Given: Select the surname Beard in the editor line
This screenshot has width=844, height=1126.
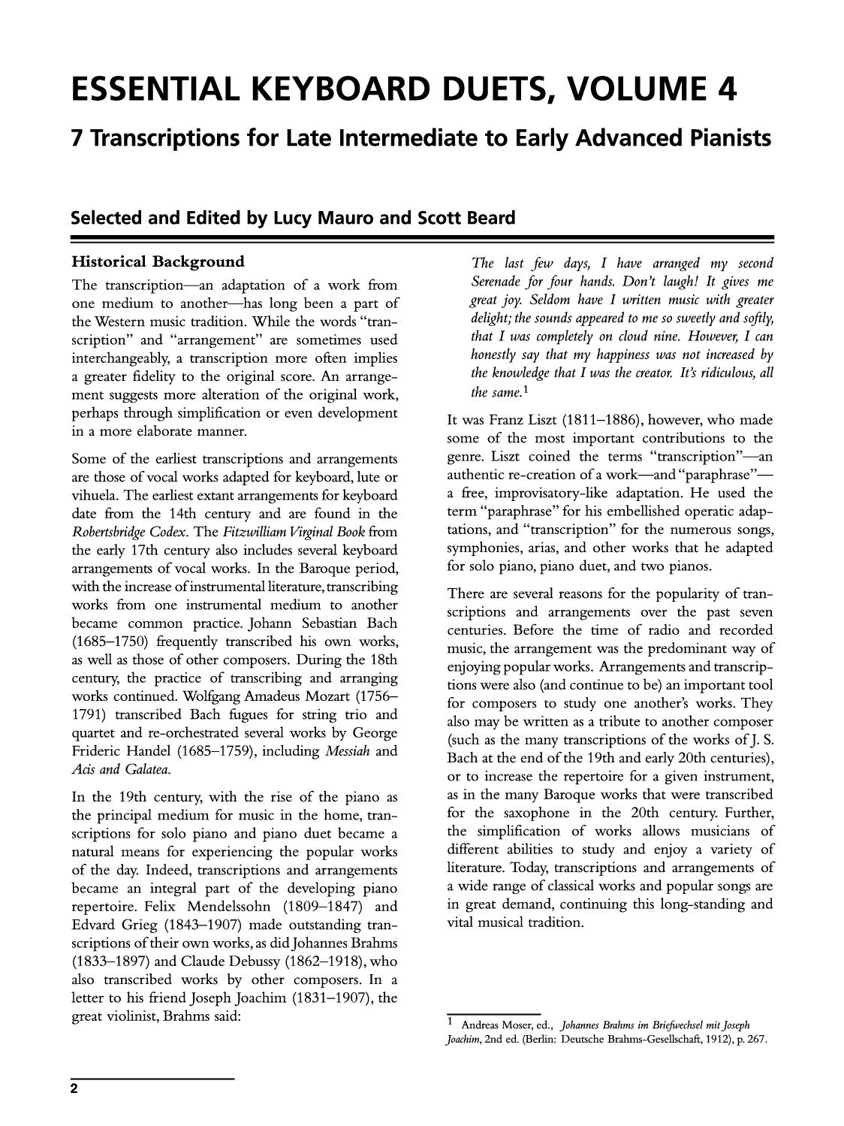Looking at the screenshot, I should coord(491,219).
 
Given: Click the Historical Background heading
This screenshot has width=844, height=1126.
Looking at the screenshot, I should coord(158,262).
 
